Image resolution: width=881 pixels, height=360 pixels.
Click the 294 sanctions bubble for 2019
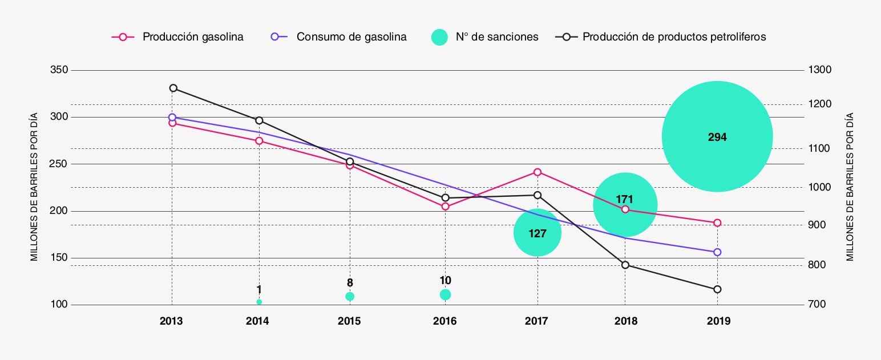[x=717, y=136]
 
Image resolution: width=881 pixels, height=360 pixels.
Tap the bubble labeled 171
[x=625, y=204]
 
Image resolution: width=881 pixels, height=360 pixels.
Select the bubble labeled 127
[x=538, y=232]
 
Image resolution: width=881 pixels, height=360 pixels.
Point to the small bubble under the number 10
[x=446, y=294]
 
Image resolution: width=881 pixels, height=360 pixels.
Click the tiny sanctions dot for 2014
[x=259, y=302]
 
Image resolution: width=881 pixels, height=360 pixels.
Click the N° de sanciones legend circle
[x=439, y=37]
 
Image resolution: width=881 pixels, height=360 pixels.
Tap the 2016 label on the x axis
[x=445, y=321]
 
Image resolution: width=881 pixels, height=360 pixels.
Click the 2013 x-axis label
[x=171, y=321]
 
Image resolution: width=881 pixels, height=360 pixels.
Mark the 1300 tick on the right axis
[x=819, y=70]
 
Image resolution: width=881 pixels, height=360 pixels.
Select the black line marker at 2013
[x=173, y=88]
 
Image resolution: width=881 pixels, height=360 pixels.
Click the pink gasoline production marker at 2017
[x=538, y=172]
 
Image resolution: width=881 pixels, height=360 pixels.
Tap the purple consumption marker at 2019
[x=717, y=252]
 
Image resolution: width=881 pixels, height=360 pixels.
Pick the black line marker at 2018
[x=625, y=265]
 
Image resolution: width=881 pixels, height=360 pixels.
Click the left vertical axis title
[x=34, y=187]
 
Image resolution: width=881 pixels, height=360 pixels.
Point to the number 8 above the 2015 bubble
[x=350, y=282]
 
